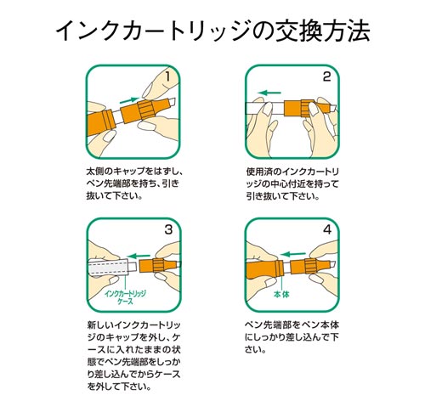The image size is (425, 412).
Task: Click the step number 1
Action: pyautogui.click(x=168, y=77)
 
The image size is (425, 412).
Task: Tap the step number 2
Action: pyautogui.click(x=326, y=77)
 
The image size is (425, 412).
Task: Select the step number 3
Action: pyautogui.click(x=168, y=229)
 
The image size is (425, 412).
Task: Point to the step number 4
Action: pyautogui.click(x=326, y=229)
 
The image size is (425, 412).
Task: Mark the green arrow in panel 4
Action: pyautogui.click(x=294, y=252)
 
